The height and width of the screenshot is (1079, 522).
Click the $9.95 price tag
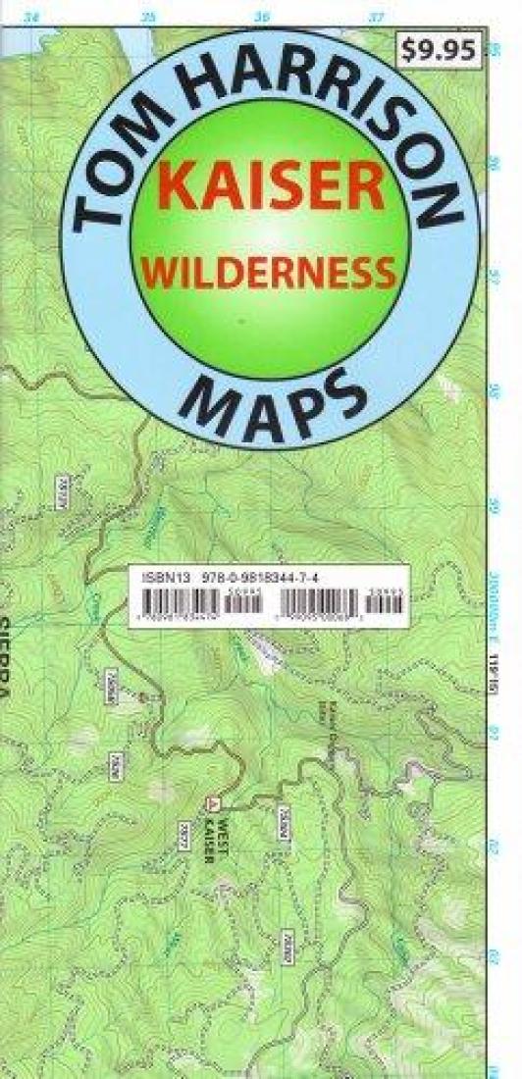tap(441, 51)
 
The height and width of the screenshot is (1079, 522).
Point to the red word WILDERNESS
tap(272, 272)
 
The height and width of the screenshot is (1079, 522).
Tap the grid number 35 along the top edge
tap(148, 17)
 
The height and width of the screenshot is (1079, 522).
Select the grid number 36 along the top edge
tap(262, 17)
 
